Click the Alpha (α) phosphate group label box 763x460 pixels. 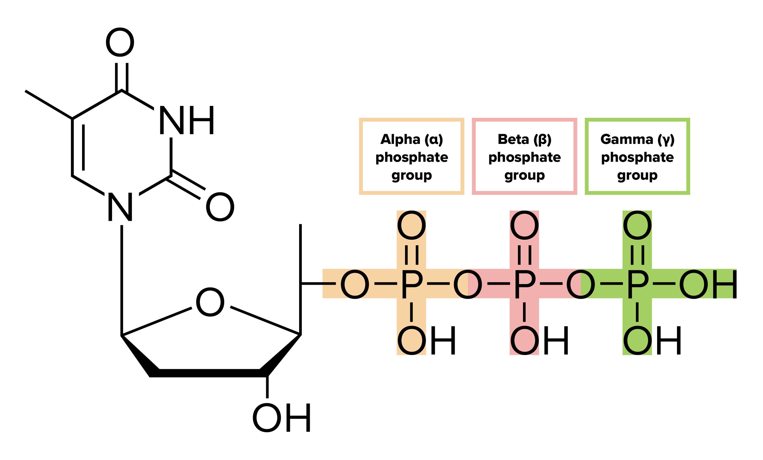click(x=411, y=156)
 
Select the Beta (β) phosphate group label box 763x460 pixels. click(x=524, y=156)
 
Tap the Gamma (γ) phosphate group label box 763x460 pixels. click(x=637, y=156)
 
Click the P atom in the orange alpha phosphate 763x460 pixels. click(x=411, y=284)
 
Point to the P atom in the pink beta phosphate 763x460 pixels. click(x=524, y=284)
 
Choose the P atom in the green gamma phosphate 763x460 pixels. click(x=637, y=284)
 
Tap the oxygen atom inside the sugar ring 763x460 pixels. click(x=210, y=302)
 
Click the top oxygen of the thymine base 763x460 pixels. click(x=120, y=42)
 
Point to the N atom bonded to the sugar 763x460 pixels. click(x=120, y=207)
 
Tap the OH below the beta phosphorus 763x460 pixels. click(x=539, y=340)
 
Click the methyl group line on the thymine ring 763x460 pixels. click(x=49, y=104)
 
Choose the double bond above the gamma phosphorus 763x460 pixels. click(x=637, y=255)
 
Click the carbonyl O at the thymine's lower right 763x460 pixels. click(x=220, y=207)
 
